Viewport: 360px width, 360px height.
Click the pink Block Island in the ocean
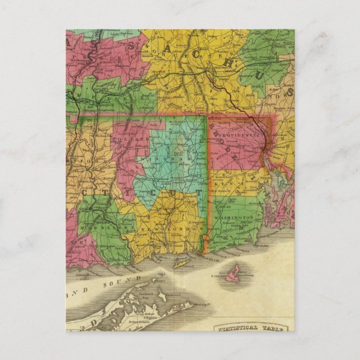coord(234,273)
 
